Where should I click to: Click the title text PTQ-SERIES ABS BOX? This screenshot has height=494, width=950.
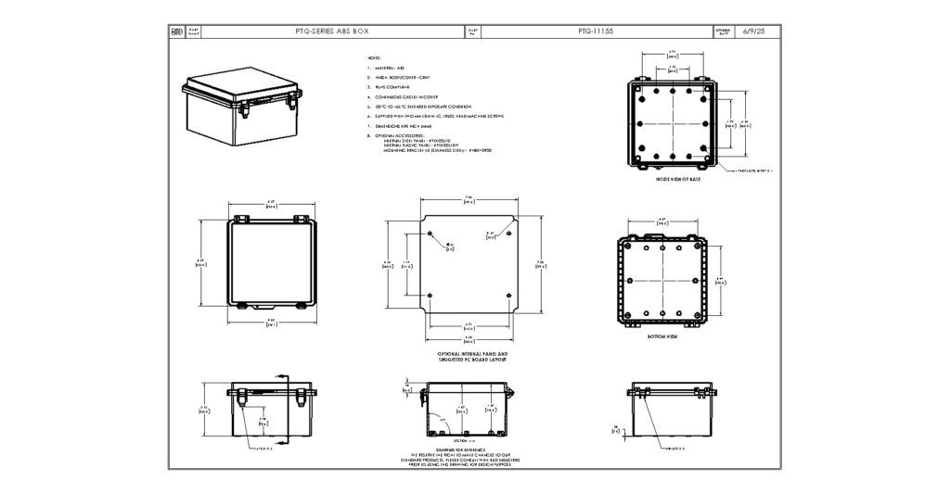(331, 32)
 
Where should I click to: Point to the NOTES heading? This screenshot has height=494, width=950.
(374, 58)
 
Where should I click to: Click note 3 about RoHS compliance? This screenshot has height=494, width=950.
(394, 87)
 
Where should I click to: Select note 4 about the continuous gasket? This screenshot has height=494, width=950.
(412, 96)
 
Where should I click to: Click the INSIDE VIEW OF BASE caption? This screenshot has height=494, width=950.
(677, 179)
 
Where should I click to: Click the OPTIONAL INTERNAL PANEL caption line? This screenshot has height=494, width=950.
(472, 353)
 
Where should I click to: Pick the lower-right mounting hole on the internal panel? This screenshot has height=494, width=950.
(507, 297)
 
